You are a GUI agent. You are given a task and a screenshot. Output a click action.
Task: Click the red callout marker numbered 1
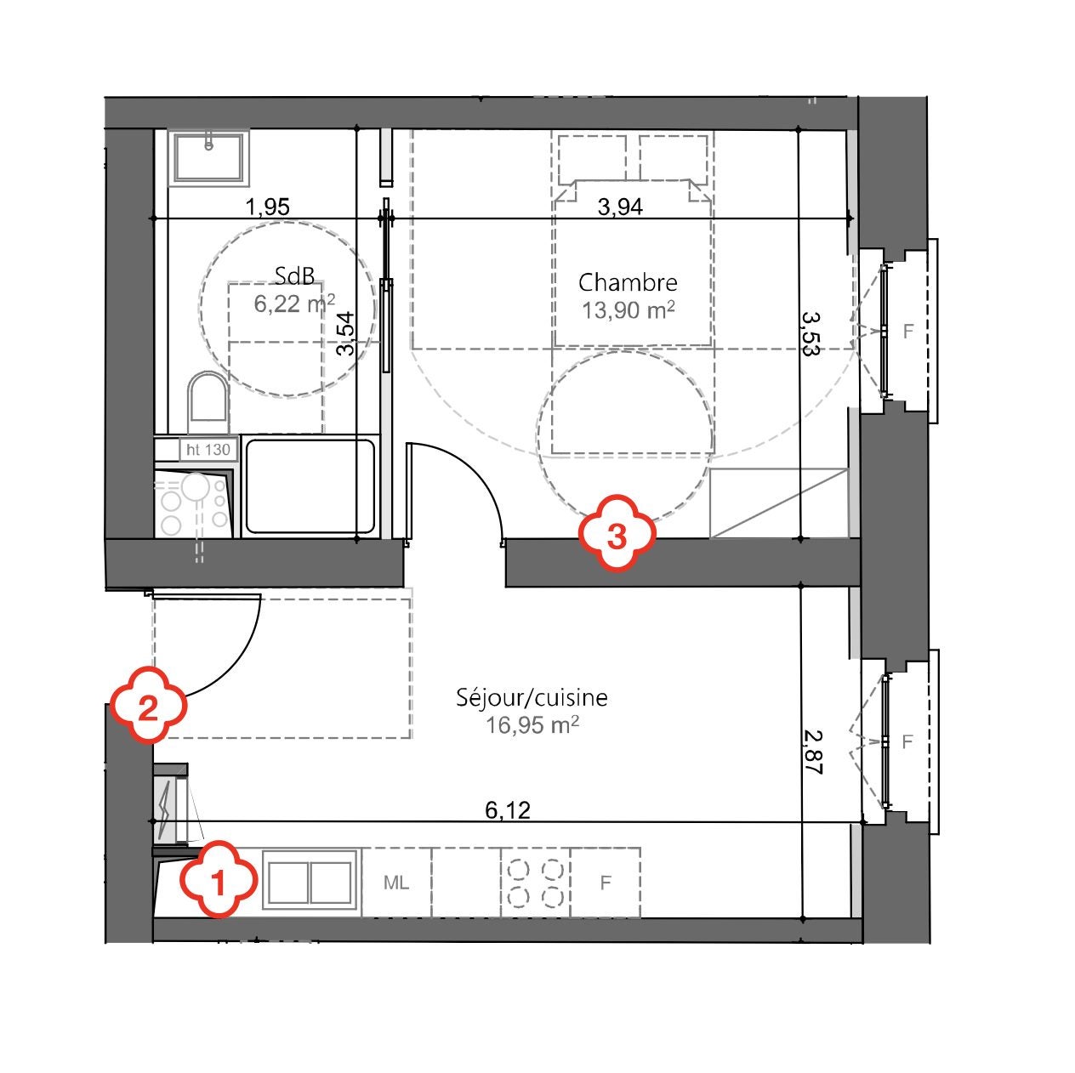[x=218, y=879]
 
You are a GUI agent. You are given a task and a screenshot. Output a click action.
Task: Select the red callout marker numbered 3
[x=617, y=533]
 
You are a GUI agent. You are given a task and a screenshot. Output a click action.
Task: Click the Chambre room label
[x=628, y=282]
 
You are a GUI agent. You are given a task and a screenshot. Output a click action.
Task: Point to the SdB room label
[x=294, y=275]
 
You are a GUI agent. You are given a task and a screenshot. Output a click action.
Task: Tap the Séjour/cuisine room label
[x=532, y=697]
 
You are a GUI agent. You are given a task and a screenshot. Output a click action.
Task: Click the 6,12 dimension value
[x=507, y=809]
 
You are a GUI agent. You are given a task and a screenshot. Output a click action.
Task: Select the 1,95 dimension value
[x=268, y=207]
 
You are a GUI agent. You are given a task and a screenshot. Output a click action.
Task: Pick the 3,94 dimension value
[x=620, y=207]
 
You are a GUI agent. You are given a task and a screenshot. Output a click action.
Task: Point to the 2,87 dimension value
[x=814, y=752]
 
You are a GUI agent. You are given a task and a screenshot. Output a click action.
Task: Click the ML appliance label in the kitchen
[x=396, y=883]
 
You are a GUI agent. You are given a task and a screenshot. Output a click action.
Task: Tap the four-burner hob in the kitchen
[x=536, y=883]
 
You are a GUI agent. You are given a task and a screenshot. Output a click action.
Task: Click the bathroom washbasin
[x=208, y=158]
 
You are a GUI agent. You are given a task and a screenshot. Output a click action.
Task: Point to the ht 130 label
[x=208, y=449]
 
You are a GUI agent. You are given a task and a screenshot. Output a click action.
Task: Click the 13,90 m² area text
[x=629, y=310]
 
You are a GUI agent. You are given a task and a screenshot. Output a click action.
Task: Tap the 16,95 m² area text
[x=532, y=725]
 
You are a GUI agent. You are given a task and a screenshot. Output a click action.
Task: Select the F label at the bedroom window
[x=907, y=332]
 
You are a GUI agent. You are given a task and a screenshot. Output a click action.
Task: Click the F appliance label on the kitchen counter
[x=606, y=883]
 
